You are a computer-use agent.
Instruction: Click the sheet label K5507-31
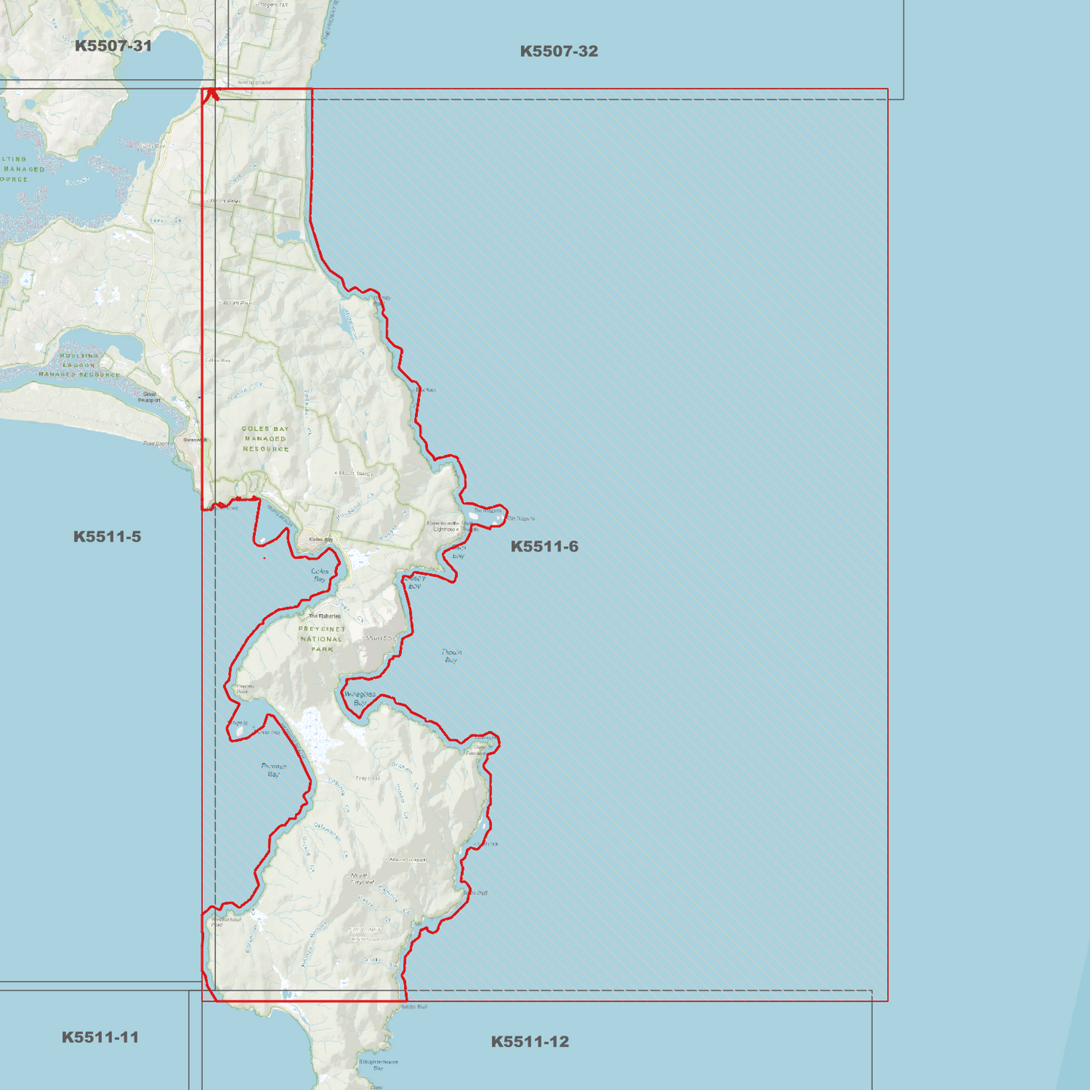(x=113, y=46)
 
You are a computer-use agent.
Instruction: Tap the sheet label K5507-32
(x=559, y=51)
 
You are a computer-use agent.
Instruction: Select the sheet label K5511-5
(x=107, y=537)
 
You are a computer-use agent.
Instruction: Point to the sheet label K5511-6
(x=544, y=547)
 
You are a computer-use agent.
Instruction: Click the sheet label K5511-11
(x=100, y=1037)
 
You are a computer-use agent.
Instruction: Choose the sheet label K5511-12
(x=530, y=1042)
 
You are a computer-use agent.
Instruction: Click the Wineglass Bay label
(x=360, y=698)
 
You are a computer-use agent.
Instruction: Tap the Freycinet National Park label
(x=322, y=639)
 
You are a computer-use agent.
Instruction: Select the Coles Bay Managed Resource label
(x=266, y=438)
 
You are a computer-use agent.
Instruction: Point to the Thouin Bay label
(x=451, y=656)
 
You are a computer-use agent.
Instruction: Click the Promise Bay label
(x=274, y=769)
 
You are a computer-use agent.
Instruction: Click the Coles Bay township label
(x=321, y=539)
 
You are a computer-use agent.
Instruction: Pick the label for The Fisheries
(x=324, y=616)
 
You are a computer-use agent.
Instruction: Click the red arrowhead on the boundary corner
(x=212, y=94)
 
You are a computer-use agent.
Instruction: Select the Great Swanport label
(x=149, y=397)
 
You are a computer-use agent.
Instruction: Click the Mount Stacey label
(x=355, y=474)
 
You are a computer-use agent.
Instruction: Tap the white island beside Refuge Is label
(x=240, y=731)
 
